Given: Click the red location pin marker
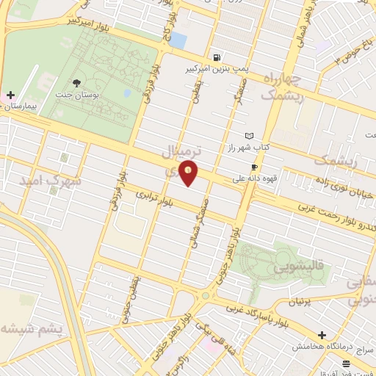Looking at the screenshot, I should pyautogui.click(x=189, y=173).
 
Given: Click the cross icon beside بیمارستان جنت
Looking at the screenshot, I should pyautogui.click(x=10, y=95).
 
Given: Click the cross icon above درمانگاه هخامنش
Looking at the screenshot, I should pyautogui.click(x=322, y=335).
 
